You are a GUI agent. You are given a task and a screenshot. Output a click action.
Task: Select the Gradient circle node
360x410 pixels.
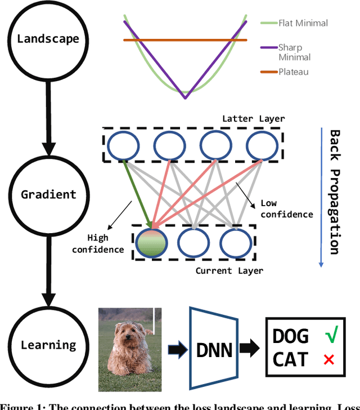click(48, 194)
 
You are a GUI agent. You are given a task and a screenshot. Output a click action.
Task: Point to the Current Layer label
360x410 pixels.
click(229, 271)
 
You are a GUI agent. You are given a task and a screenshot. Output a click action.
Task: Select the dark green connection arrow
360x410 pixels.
click(136, 194)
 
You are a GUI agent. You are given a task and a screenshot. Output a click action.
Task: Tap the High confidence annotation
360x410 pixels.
click(105, 243)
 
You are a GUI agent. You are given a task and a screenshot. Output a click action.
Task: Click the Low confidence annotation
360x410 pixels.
click(286, 208)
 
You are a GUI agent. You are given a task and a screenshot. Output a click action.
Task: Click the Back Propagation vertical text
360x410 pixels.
click(335, 191)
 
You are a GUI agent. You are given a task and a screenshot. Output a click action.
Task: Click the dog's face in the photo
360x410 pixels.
click(129, 337)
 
